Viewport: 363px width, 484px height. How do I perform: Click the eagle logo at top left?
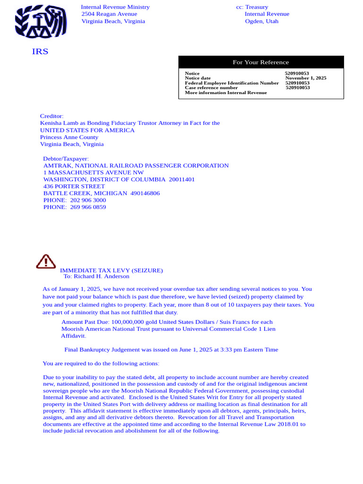click(40, 22)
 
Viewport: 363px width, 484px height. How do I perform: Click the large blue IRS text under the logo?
click(40, 52)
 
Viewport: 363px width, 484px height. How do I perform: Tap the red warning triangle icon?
click(46, 261)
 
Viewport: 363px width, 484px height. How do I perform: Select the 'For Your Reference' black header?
click(261, 62)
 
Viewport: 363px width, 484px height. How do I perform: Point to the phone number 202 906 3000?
click(88, 200)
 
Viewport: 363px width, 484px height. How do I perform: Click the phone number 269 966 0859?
click(88, 207)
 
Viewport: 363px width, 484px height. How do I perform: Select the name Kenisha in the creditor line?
click(50, 123)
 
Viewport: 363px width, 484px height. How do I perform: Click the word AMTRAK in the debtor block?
click(58, 166)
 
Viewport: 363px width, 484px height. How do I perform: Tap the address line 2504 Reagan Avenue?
click(109, 14)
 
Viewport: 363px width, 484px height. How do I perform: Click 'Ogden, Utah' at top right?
click(261, 21)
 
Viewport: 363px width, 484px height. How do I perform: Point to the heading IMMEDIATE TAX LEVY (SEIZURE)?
click(111, 270)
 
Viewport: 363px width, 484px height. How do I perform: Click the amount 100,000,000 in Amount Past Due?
click(128, 322)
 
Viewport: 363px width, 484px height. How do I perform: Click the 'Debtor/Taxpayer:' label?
click(66, 159)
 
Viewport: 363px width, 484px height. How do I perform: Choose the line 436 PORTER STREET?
click(74, 187)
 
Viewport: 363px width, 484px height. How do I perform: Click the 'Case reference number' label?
click(211, 87)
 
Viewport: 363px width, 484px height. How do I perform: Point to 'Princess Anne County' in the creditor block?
click(69, 137)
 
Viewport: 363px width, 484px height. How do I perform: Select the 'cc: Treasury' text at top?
click(252, 7)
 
